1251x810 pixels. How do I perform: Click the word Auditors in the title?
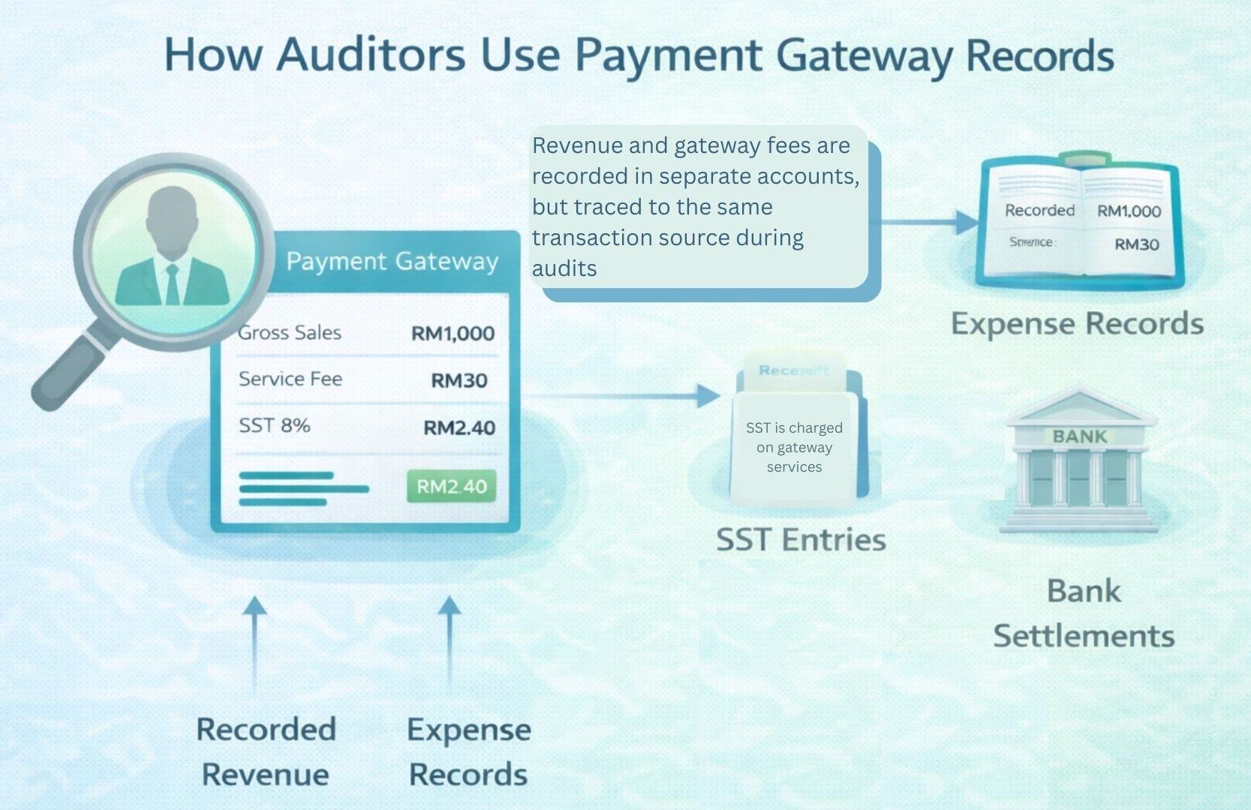pyautogui.click(x=371, y=55)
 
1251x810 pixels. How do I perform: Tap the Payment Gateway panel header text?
pyautogui.click(x=392, y=261)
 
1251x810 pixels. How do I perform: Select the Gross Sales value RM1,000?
pyautogui.click(x=453, y=333)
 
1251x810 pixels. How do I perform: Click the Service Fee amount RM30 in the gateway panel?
pyautogui.click(x=459, y=380)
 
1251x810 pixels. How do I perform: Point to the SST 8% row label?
pyautogui.click(x=274, y=425)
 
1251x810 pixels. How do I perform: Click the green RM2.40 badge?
pyautogui.click(x=451, y=487)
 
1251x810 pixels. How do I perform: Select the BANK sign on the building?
pyautogui.click(x=1079, y=436)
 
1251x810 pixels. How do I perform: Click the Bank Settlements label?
pyautogui.click(x=1084, y=613)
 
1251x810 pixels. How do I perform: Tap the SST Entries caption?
pyautogui.click(x=801, y=539)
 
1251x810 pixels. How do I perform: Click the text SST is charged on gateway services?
pyautogui.click(x=794, y=447)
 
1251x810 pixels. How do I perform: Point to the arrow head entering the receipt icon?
pyautogui.click(x=708, y=395)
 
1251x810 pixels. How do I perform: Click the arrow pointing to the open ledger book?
pyautogui.click(x=964, y=222)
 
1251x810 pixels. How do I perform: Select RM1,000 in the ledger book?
pyautogui.click(x=1129, y=211)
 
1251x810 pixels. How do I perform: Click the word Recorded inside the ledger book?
pyautogui.click(x=1039, y=211)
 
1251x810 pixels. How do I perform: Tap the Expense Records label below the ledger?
pyautogui.click(x=1077, y=323)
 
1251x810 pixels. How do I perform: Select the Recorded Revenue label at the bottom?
pyautogui.click(x=266, y=751)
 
